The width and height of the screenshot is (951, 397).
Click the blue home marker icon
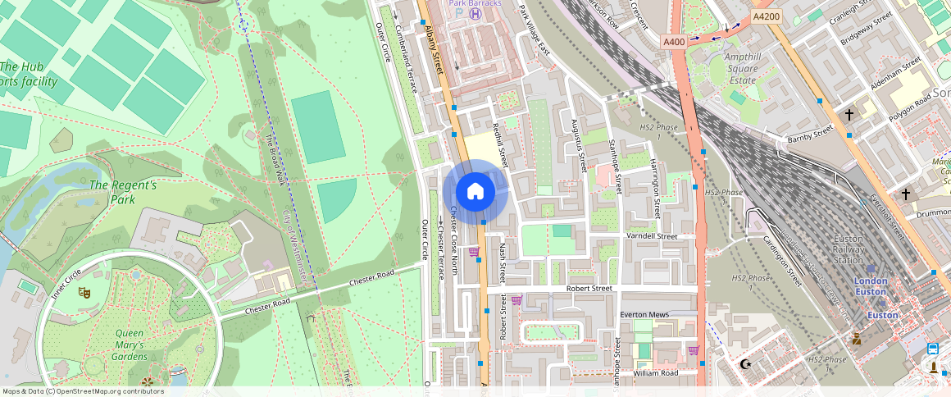click(475, 192)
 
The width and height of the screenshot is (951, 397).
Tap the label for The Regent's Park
click(123, 192)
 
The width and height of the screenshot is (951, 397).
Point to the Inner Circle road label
click(66, 284)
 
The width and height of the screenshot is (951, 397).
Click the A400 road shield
click(674, 41)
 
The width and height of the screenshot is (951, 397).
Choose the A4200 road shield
click(766, 16)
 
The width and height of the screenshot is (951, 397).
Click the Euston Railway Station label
click(848, 249)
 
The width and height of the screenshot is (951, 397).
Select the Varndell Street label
click(652, 236)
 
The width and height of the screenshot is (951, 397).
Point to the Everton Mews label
click(644, 315)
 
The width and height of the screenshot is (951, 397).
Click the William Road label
click(655, 373)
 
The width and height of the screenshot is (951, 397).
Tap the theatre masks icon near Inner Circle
click(83, 291)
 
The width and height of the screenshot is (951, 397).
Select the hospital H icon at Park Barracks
click(475, 14)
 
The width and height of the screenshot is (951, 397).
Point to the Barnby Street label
click(810, 134)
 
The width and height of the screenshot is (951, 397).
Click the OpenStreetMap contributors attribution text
click(83, 391)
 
